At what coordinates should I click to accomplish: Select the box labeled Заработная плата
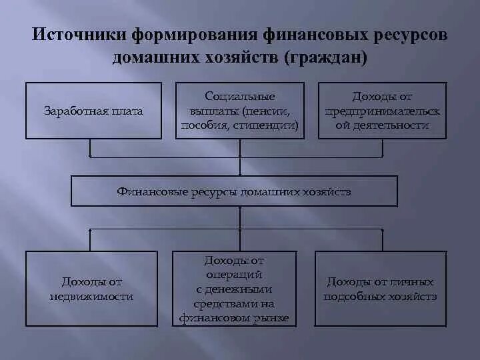[93, 111]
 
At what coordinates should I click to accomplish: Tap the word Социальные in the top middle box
[240, 97]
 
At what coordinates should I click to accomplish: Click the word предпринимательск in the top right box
[383, 111]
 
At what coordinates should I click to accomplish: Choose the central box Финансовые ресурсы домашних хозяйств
[234, 191]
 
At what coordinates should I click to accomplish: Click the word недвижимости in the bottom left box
[92, 296]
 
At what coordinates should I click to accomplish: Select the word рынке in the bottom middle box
[272, 318]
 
